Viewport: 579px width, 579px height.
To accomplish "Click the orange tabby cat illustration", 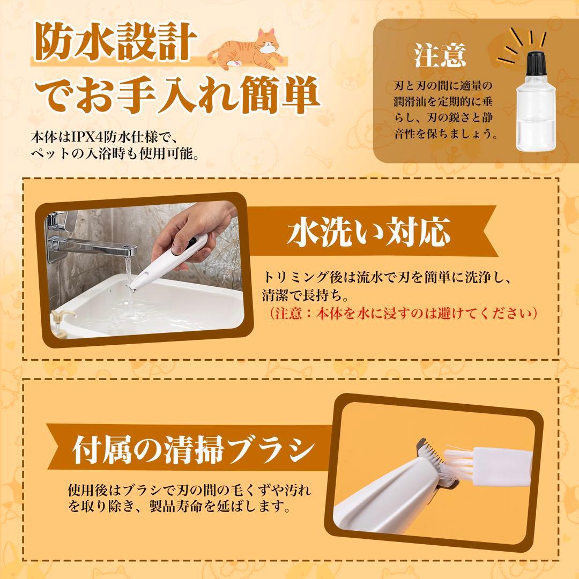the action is (x=247, y=50).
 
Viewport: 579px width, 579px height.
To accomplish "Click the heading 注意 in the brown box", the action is (x=440, y=55).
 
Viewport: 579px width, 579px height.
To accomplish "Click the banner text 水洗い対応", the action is (x=369, y=232).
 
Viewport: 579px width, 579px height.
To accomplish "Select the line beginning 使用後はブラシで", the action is (x=189, y=490).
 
